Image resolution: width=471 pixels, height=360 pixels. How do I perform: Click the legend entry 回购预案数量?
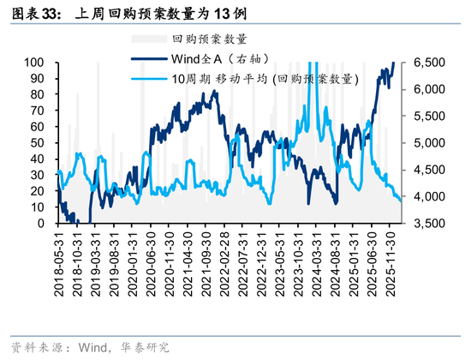(210, 39)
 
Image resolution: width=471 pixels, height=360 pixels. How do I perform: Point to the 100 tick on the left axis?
(34, 63)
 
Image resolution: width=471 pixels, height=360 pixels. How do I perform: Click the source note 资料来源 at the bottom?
(90, 347)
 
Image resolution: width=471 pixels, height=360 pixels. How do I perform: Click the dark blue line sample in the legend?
(149, 59)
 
